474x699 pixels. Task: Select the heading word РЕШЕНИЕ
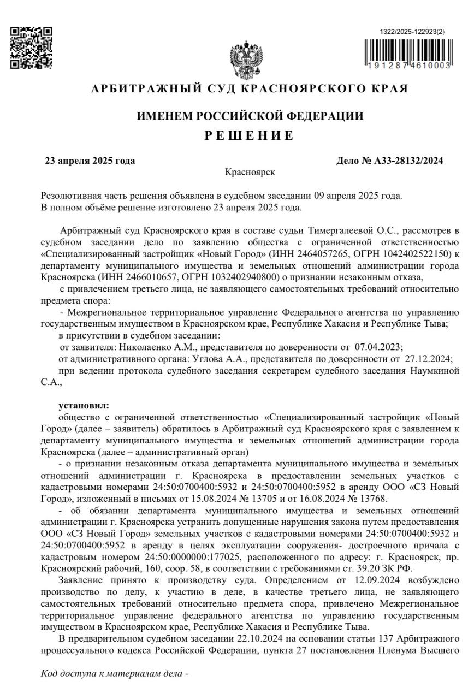pos(249,135)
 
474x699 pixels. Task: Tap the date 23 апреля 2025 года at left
pos(90,161)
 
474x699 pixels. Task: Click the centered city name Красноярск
pos(250,172)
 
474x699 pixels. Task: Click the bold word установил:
pos(84,405)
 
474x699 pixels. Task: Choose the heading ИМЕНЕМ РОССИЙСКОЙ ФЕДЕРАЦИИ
pos(250,116)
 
